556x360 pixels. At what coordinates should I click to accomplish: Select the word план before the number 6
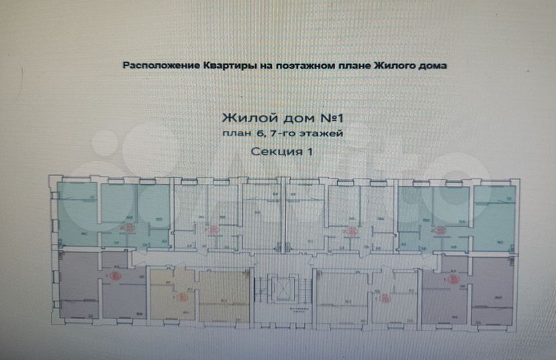(x=236, y=134)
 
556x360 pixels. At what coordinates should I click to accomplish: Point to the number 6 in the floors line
(x=259, y=134)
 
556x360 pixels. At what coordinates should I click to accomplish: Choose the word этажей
(x=322, y=134)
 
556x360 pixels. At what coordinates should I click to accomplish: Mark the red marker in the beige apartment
(x=180, y=296)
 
